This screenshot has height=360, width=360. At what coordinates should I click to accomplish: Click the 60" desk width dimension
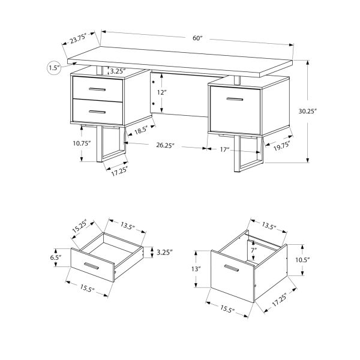click(197, 38)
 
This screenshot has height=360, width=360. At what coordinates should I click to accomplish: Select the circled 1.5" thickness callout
click(54, 68)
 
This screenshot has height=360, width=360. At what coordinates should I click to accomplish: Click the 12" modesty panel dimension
click(162, 93)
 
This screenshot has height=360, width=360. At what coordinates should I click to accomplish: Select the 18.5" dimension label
click(140, 130)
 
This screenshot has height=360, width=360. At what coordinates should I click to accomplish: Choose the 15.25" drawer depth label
click(79, 227)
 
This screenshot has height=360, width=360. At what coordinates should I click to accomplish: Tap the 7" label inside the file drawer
click(254, 250)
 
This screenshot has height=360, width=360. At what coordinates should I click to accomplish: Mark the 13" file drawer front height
click(196, 269)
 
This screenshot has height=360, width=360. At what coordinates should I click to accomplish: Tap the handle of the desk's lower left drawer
click(96, 111)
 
